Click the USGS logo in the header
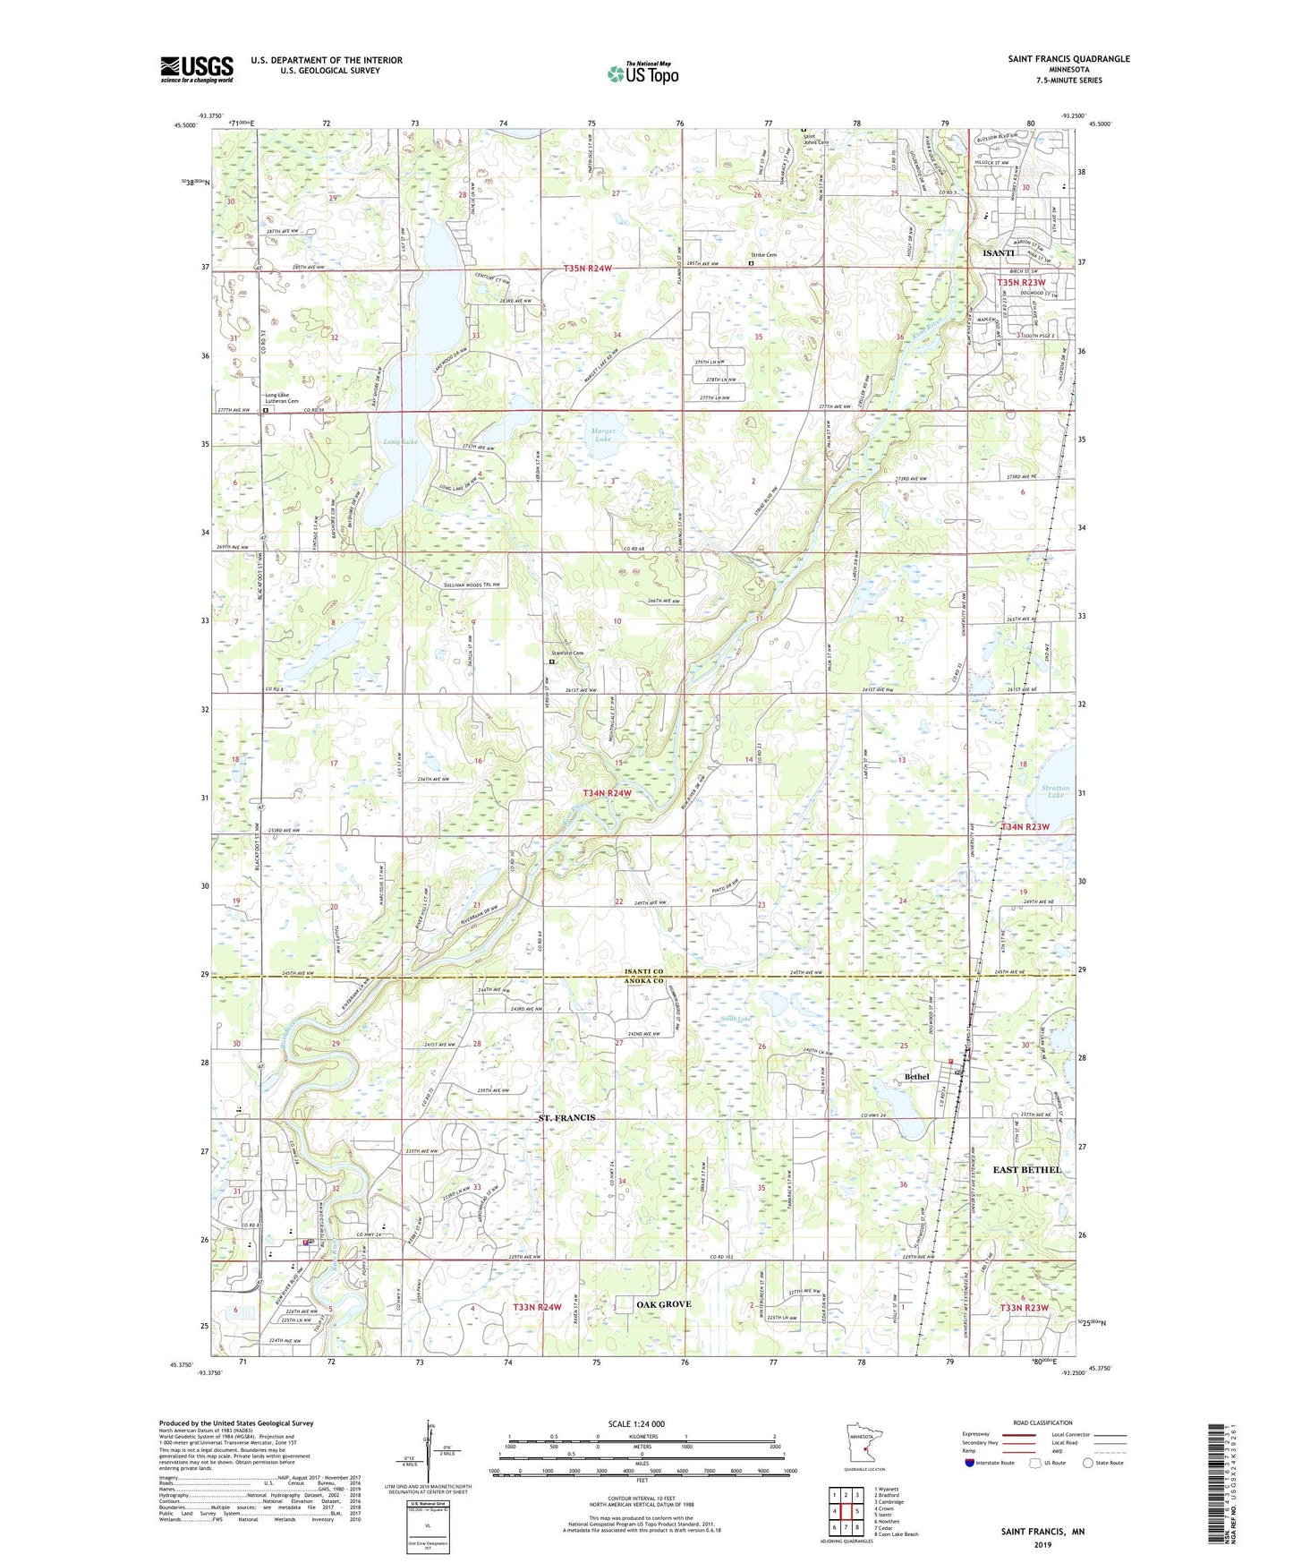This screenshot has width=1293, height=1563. tap(197, 68)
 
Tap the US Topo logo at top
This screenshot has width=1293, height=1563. tap(642, 73)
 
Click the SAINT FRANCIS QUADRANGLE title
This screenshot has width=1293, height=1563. tap(1068, 59)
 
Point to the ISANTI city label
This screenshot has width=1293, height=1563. tap(998, 253)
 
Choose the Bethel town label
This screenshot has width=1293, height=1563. tap(917, 1076)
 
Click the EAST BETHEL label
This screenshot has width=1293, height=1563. tap(1027, 1170)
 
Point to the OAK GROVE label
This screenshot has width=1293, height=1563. tap(663, 1304)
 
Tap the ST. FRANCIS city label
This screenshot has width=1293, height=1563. tap(566, 1118)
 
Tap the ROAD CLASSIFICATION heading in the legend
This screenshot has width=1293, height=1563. tap(1042, 1422)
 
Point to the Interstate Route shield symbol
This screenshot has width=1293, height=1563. tap(970, 1463)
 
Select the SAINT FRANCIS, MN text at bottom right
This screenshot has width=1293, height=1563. tap(1042, 1532)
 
